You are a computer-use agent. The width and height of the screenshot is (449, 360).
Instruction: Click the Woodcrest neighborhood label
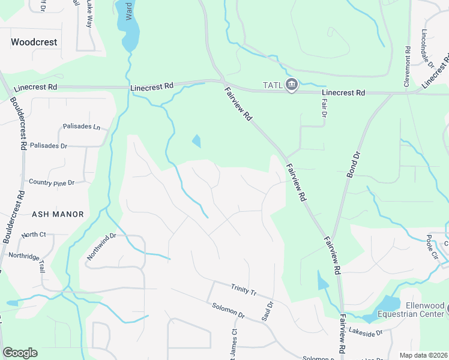[x=34, y=43]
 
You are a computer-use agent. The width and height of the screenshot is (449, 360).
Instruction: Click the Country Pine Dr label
[x=51, y=182]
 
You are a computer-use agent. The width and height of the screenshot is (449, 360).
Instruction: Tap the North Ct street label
[x=34, y=235]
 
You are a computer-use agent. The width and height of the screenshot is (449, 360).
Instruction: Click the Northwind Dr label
[x=100, y=247]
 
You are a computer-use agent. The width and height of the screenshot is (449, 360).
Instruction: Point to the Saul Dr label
[x=268, y=313]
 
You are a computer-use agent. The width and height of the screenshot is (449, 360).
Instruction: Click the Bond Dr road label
[x=354, y=163]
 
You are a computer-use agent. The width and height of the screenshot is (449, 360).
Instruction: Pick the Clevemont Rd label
[x=407, y=65]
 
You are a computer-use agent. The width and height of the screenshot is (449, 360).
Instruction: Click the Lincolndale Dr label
[x=427, y=49]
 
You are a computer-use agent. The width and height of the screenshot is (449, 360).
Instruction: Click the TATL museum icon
[x=292, y=85]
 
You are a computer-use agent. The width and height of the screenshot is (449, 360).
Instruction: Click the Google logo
[x=20, y=353]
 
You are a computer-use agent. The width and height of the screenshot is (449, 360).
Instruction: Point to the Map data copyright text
[x=423, y=355]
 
